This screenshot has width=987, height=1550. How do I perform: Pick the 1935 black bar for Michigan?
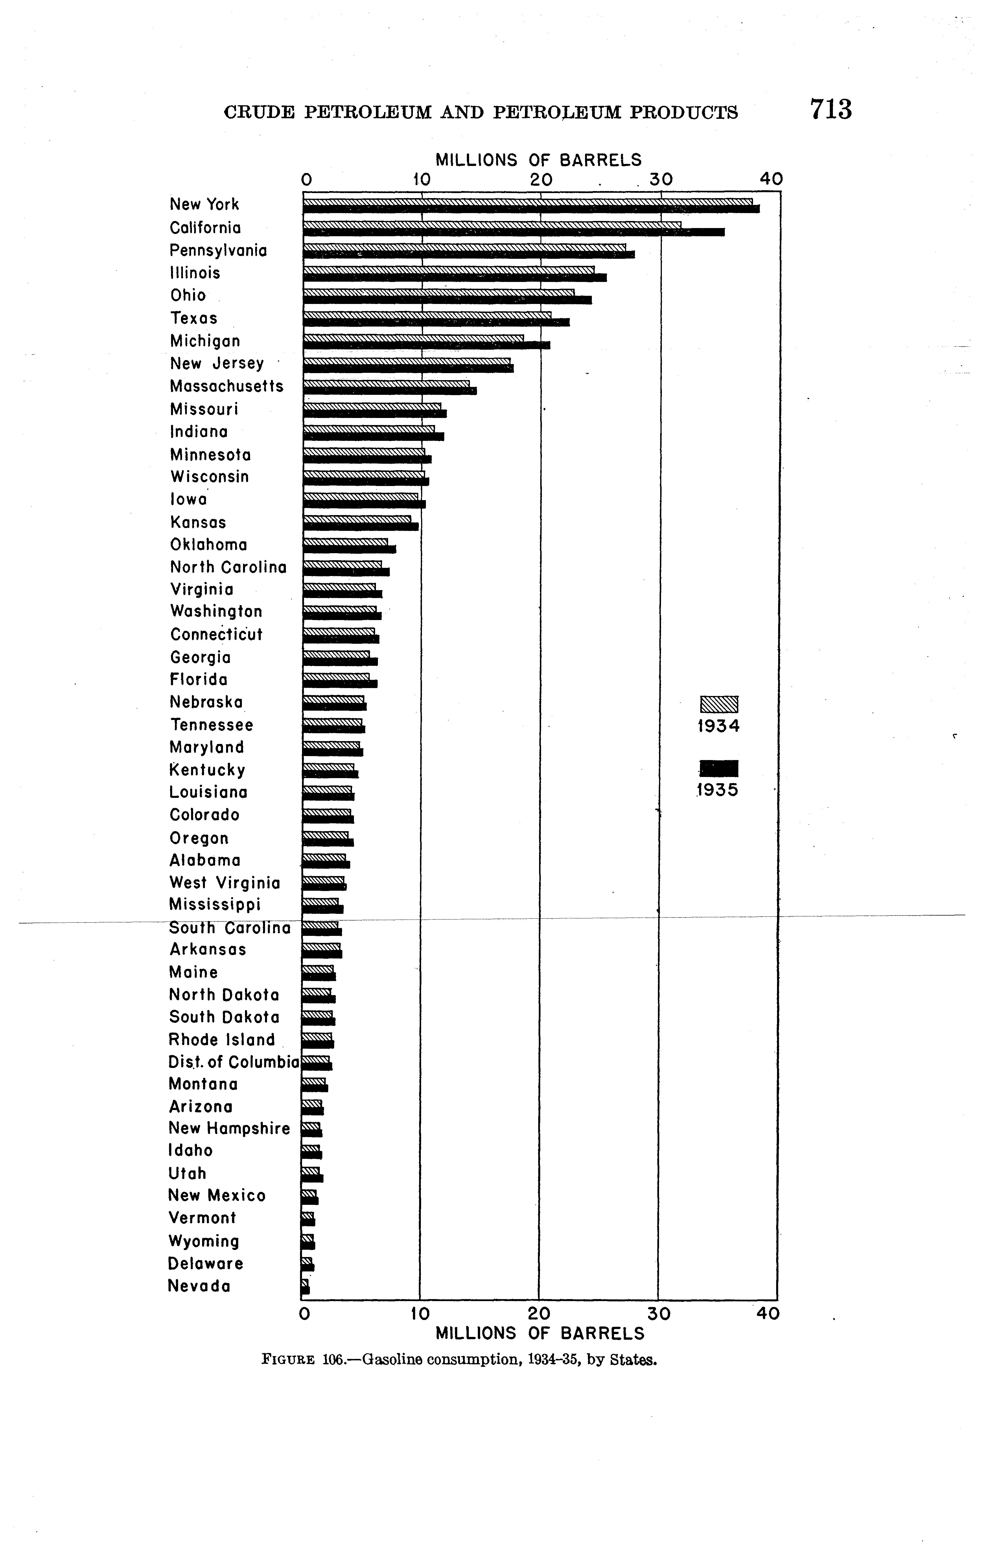coord(426,345)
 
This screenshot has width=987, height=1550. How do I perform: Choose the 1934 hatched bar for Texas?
coord(427,315)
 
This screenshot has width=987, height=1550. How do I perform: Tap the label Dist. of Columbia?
coord(234,1062)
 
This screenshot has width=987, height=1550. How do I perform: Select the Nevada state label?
coord(199,1286)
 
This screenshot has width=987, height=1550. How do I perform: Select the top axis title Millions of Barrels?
coord(538,160)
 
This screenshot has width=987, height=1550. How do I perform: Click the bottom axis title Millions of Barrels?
coord(540,1333)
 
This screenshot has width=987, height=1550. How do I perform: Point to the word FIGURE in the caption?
coord(288,1359)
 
